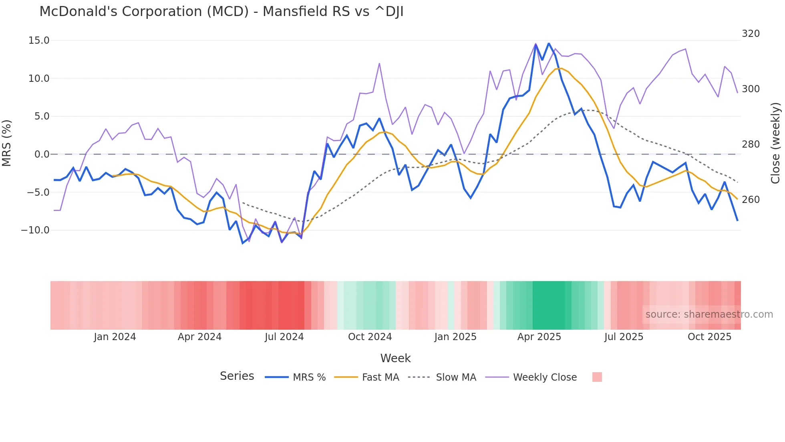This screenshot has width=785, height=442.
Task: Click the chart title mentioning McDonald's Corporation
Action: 221,11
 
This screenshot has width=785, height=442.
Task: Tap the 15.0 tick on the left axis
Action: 39,41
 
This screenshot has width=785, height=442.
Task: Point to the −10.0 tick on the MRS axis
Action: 35,230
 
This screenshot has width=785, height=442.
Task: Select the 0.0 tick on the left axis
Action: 42,154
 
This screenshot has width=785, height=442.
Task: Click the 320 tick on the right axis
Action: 751,34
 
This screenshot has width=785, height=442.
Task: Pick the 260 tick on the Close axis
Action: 751,200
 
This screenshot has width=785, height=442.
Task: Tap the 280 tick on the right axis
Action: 751,144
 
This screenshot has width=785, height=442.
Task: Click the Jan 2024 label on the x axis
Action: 115,337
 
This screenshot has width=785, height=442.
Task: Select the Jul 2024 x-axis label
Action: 284,337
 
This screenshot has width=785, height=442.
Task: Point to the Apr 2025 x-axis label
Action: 539,337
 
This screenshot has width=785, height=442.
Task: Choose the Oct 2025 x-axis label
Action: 709,337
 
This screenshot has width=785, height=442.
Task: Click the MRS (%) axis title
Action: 7,143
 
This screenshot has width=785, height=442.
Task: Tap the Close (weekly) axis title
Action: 775,143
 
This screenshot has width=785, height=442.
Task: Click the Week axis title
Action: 395,358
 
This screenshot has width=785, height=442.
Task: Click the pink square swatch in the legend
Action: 597,377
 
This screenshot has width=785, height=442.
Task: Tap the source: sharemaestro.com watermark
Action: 709,314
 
